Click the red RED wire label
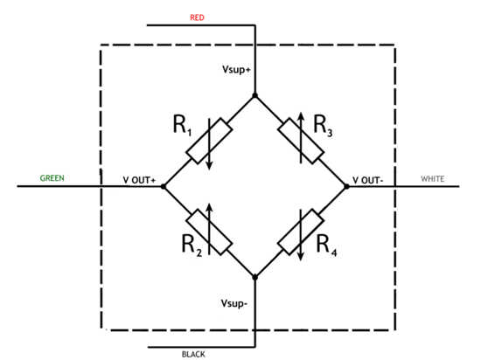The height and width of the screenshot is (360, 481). point(197,17)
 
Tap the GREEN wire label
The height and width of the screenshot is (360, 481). point(52,178)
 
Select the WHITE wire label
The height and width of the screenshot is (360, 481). point(433,178)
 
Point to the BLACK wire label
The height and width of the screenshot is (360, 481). point(193,354)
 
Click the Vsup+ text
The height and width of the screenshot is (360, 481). point(236,70)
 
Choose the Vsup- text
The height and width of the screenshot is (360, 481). point(234,303)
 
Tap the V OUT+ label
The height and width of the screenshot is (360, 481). point(139,180)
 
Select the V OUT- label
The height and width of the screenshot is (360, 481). point(368,180)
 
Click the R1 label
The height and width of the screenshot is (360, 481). point(182,125)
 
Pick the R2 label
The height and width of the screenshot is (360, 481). point(192,246)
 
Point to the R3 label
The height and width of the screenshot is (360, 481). point(323,126)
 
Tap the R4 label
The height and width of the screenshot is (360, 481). point(326,246)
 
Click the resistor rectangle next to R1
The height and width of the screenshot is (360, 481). point(209,141)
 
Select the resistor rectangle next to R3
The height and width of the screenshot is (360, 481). point(301,141)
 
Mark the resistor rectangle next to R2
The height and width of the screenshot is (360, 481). point(209,232)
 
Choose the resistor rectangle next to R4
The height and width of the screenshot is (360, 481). point(301,232)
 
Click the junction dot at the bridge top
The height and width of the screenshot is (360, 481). point(254,95)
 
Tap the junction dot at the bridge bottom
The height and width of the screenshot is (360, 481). point(254,277)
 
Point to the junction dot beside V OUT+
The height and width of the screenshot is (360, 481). point(164,186)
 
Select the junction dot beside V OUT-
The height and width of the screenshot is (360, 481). point(346,186)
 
